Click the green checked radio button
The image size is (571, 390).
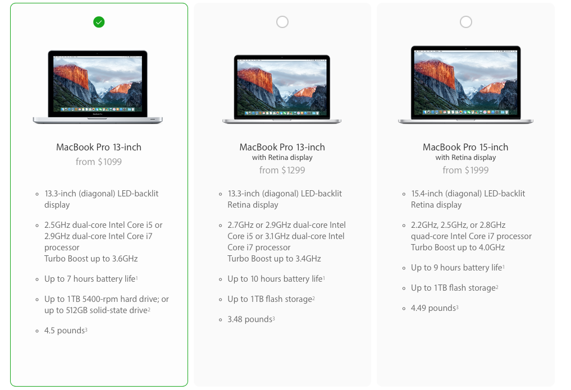tap(99, 22)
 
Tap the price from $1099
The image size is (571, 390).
tap(99, 162)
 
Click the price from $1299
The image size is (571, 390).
tap(282, 170)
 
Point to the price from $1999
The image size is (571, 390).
tap(465, 170)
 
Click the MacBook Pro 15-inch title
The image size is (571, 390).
tap(465, 147)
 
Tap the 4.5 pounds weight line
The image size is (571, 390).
tap(66, 331)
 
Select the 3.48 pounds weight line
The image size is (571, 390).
tap(252, 319)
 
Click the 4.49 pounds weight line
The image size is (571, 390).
tap(435, 308)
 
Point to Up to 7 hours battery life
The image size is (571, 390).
tap(91, 279)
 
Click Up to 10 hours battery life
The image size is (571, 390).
tap(276, 279)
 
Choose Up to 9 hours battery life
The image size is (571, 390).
tap(458, 268)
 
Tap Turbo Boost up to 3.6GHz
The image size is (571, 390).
tap(91, 259)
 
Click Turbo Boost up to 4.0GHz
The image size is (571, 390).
tap(458, 247)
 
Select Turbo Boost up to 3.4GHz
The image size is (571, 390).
tap(274, 259)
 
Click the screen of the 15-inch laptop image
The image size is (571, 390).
tap(466, 82)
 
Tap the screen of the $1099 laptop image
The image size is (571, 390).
tap(98, 84)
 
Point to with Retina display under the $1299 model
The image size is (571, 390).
tap(282, 158)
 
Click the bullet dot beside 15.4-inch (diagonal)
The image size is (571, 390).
tap(404, 194)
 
